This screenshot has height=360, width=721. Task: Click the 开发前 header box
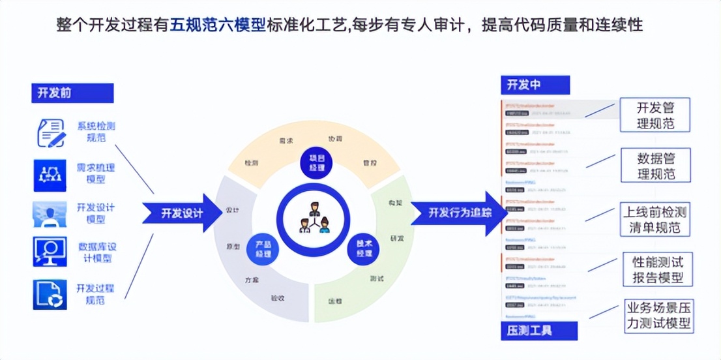(72, 93)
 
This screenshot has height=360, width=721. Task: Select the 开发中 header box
(535, 85)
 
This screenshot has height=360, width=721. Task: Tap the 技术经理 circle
(364, 248)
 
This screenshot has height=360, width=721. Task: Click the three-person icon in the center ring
(314, 218)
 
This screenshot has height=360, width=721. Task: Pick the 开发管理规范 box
(655, 115)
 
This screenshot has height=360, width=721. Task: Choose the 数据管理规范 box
(655, 165)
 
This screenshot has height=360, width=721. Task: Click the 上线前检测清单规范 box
(655, 220)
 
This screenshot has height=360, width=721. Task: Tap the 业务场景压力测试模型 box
(658, 315)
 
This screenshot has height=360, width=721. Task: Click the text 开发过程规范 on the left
(95, 294)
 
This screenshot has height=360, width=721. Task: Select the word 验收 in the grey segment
(278, 298)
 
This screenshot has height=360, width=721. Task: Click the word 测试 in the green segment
(376, 279)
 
